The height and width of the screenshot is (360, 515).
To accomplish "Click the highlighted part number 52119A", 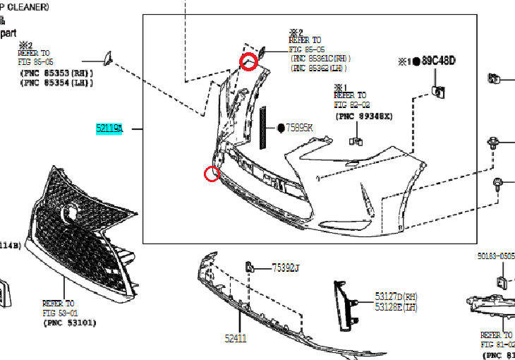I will [110, 129].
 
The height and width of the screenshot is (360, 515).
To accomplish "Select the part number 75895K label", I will [299, 128].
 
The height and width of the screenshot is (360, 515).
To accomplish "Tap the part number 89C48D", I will [439, 61].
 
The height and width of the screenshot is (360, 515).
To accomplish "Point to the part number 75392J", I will [286, 268].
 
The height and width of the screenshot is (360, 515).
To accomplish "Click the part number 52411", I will [236, 338].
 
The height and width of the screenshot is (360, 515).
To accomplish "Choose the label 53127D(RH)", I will [396, 296].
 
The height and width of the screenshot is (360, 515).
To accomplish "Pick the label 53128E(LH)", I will [396, 307].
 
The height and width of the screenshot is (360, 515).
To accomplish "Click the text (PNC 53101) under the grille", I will [69, 323].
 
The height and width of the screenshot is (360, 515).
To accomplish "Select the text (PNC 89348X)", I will [363, 116].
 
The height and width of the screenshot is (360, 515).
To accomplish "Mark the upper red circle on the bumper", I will [249, 62].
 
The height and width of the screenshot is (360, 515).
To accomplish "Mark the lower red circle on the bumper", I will [211, 174].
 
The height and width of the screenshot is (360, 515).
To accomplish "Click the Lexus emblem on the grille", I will [71, 210].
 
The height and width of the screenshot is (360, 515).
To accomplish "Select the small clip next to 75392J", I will [249, 266].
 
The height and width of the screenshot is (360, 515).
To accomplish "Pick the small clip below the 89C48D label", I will [437, 90].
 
